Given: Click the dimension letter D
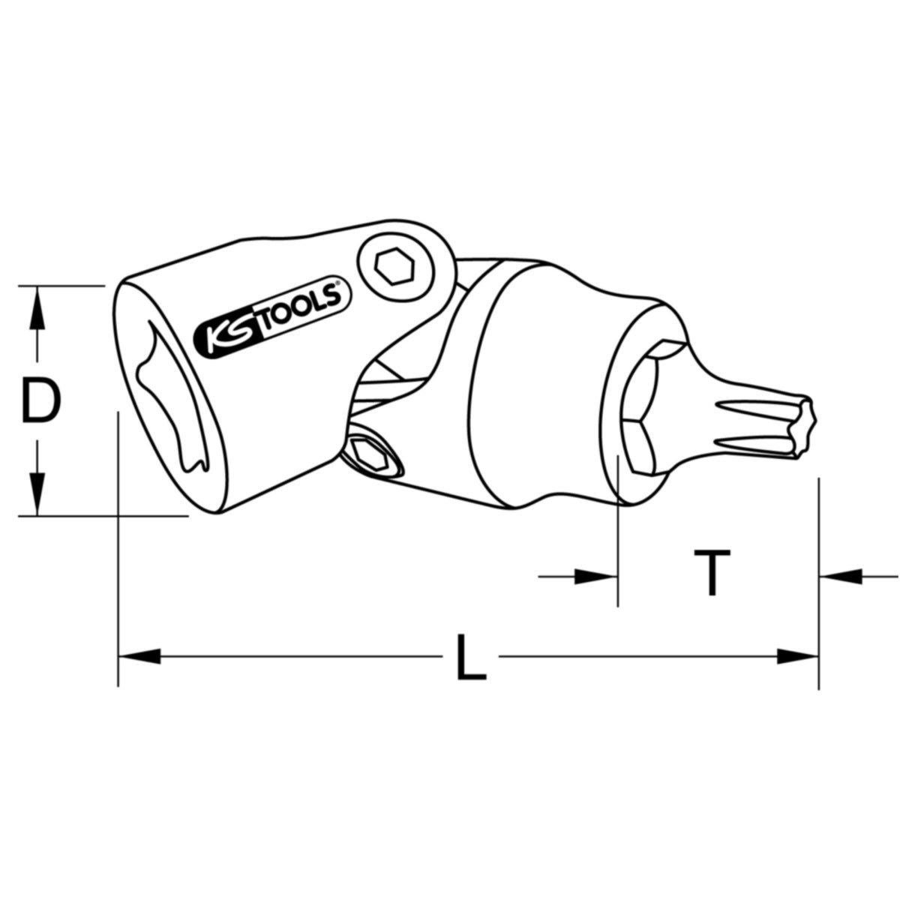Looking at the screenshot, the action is coord(41,401).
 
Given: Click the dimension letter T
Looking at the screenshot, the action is coord(712,572).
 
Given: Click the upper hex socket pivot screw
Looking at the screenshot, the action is coord(394,267).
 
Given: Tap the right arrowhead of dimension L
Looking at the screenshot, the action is coord(797,656).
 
